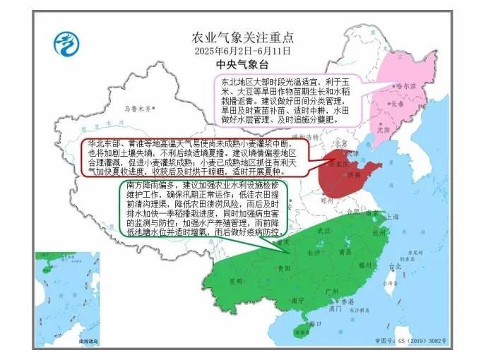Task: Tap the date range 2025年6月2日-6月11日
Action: pos(243,51)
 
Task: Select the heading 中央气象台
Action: pos(243,64)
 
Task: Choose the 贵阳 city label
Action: pos(283,269)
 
